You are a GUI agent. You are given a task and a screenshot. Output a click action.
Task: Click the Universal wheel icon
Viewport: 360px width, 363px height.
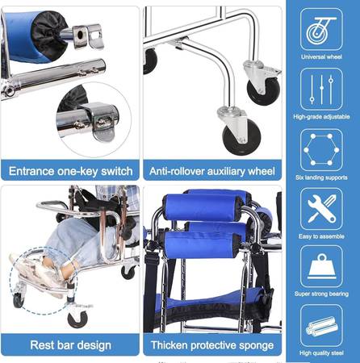(321, 29)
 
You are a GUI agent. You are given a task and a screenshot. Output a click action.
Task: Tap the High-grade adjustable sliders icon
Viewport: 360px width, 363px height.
(321, 90)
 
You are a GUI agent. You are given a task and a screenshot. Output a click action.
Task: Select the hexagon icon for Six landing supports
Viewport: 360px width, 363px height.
(321, 150)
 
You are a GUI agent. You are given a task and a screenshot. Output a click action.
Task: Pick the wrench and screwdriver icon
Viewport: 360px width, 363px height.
(321, 209)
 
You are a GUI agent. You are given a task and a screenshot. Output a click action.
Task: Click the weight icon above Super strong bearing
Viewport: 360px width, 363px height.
(321, 266)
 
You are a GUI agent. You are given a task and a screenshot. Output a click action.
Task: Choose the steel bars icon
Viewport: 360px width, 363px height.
(321, 325)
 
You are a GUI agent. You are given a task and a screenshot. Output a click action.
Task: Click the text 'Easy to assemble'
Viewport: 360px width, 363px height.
(321, 236)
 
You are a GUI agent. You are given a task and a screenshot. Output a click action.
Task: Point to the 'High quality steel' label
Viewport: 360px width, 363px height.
(321, 353)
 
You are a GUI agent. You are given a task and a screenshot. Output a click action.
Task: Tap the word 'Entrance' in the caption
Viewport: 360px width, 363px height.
(31, 171)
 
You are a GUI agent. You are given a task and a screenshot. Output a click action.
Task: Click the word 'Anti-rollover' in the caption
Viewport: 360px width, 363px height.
(174, 171)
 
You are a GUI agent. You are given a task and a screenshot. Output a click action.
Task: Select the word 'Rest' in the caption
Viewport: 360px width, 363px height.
(41, 345)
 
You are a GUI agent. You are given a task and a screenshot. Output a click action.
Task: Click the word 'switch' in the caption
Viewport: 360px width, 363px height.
(117, 171)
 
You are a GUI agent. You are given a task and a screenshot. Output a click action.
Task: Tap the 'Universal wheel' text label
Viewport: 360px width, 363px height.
(321, 56)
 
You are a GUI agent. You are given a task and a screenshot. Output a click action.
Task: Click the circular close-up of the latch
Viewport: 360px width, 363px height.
(94, 119)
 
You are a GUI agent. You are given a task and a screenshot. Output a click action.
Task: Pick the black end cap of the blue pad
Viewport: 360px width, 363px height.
(48, 35)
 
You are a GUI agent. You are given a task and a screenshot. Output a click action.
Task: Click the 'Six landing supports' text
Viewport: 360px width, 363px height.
(321, 177)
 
